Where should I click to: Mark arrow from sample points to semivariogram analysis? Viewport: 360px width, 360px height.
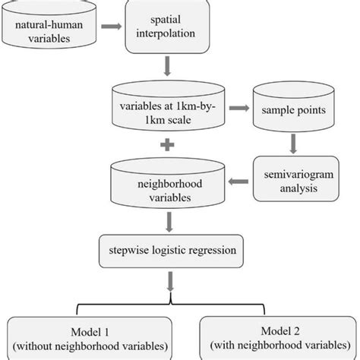coord(294,143)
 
